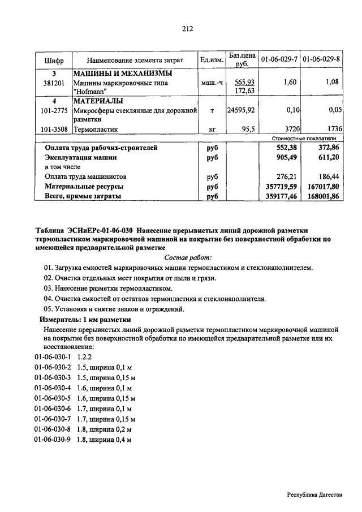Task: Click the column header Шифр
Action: pos(54,60)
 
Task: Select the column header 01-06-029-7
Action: pos(279,59)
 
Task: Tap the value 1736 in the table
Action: pos(330,129)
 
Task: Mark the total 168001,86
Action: pos(320,196)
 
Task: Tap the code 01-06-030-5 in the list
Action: pos(53,398)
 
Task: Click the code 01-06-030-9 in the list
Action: pos(53,439)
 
